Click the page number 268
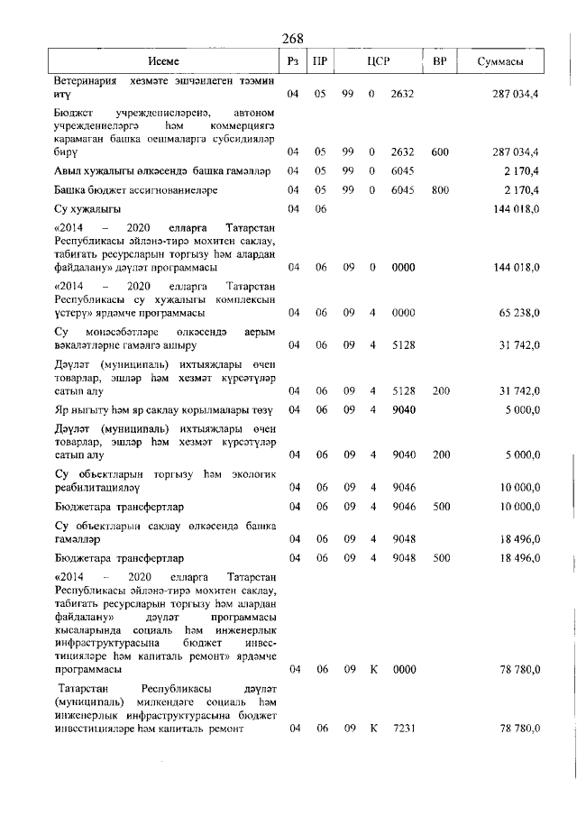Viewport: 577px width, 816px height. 292,37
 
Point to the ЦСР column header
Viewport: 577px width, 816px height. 379,61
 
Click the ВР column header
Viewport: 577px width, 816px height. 440,61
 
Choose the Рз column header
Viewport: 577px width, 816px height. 292,61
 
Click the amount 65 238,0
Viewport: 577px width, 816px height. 517,313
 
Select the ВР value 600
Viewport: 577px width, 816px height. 440,152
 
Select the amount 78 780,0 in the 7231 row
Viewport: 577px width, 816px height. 517,728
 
